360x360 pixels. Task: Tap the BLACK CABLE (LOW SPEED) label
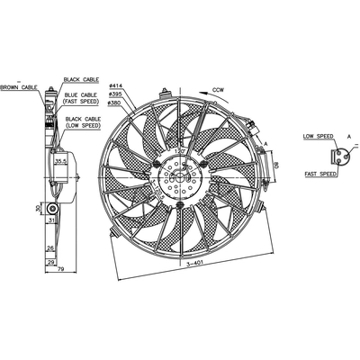[84, 122]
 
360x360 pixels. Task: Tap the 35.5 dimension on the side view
[60, 162]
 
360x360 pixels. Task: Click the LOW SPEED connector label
[319, 137]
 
